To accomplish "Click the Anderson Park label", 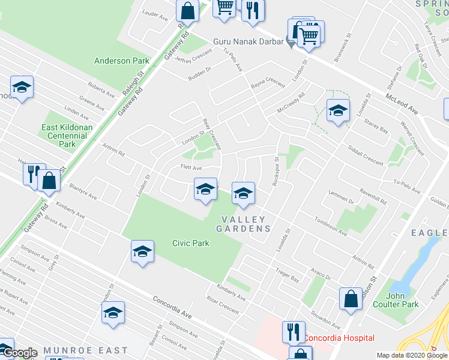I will [121, 61].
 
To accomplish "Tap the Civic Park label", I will [190, 244].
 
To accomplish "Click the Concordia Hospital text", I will [339, 338].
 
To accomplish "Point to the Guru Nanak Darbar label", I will [247, 42].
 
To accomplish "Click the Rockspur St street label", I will [277, 172].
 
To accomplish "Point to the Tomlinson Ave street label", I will [331, 227].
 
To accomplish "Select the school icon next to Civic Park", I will [143, 252].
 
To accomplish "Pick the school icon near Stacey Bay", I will [338, 110].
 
